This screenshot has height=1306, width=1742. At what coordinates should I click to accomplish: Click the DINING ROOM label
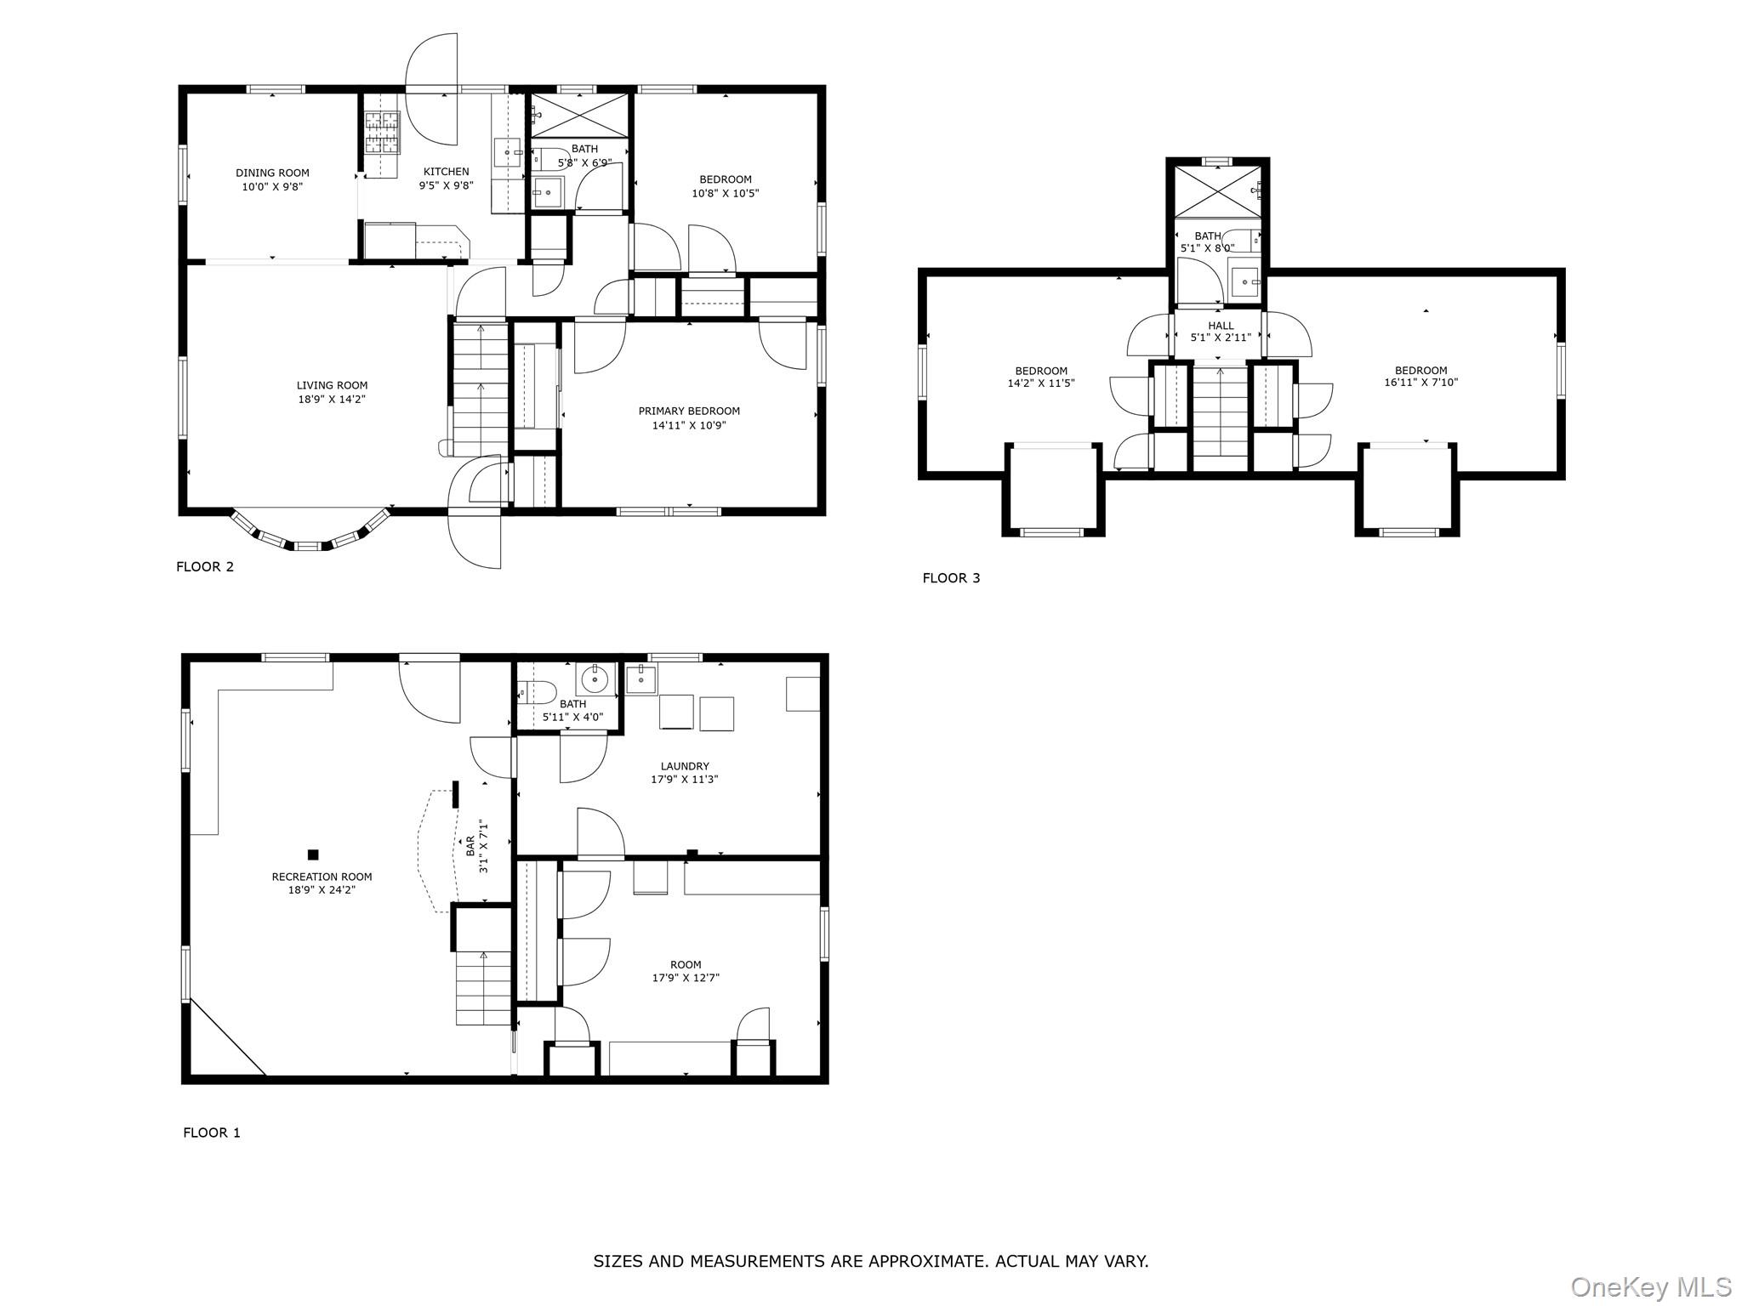272,173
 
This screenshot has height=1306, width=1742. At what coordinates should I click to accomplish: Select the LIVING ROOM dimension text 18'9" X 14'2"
332,399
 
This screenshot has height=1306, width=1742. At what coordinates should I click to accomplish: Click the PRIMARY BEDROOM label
689,411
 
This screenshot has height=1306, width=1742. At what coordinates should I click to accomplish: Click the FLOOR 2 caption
204,566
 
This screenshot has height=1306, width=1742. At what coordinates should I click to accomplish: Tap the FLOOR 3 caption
951,578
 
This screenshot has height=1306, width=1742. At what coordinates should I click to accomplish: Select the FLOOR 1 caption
212,1133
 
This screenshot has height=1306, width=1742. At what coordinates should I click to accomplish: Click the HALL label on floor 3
1221,326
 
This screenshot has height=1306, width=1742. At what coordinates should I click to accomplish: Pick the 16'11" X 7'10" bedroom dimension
1420,383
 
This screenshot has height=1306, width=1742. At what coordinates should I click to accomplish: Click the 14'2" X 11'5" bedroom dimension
1040,383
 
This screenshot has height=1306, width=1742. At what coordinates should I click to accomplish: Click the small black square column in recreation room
313,855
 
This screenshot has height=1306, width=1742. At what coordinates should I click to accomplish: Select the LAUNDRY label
684,766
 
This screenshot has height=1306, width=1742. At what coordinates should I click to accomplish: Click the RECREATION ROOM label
322,877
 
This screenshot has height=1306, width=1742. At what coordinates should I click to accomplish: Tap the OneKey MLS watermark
1650,1286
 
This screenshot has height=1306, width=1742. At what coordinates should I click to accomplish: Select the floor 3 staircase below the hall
1220,417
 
